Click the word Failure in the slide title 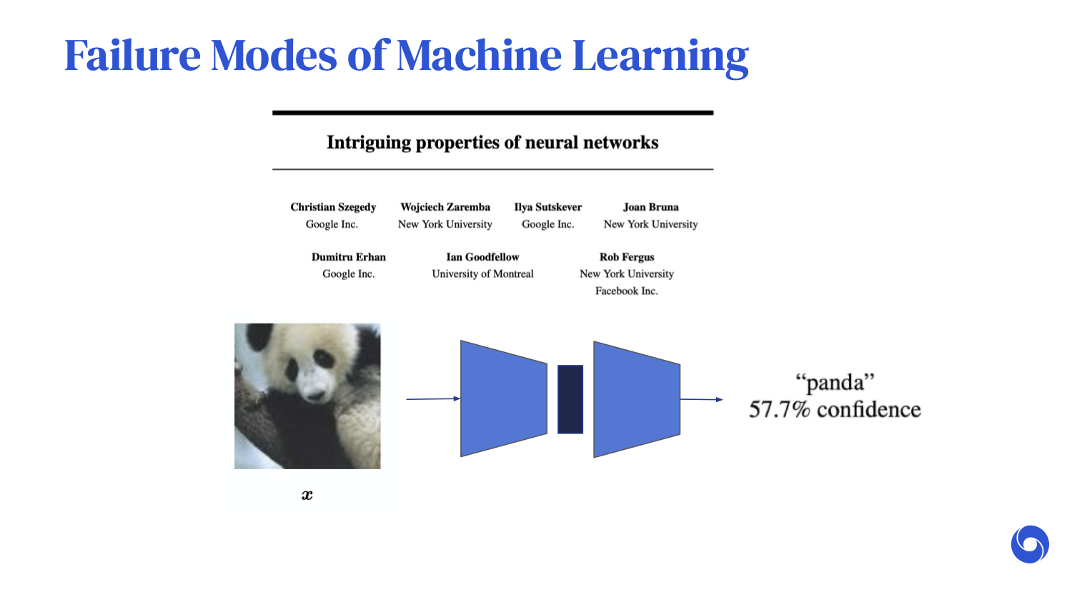pos(133,56)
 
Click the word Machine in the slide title pos(479,56)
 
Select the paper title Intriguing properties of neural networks pos(492,143)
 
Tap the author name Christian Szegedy pos(333,207)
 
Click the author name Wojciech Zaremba pos(445,207)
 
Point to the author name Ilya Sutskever pos(548,207)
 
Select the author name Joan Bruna pos(650,207)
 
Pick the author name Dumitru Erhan pos(349,257)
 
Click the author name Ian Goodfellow pos(482,257)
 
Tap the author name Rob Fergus pos(627,257)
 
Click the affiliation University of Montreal pos(482,274)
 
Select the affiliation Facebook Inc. pos(627,291)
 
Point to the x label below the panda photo pos(307,495)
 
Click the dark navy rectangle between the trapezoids pos(570,399)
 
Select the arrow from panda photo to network pos(433,398)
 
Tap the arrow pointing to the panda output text pos(701,399)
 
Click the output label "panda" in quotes pos(835,383)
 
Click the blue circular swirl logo pos(1030,545)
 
